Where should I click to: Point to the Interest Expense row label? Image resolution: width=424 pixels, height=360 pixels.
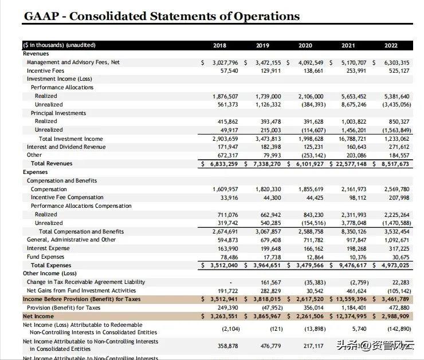point(48,248)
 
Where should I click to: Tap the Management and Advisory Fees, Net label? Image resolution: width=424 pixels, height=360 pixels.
point(73,62)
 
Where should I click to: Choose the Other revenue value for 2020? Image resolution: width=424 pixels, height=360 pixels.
point(311,155)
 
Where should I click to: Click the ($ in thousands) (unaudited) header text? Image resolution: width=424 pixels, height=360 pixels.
point(59,45)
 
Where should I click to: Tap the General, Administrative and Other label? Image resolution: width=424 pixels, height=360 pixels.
point(71,240)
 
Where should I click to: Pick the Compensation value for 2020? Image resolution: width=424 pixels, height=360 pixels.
point(311,189)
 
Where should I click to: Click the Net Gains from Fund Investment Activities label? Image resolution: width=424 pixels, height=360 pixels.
point(81,291)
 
